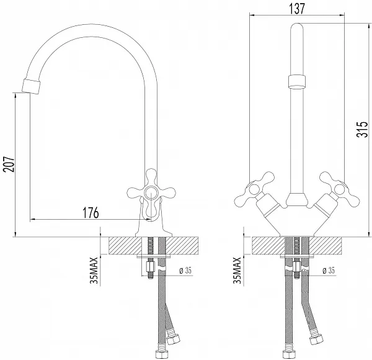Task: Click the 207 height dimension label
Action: point(9,164)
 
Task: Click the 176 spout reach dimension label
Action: point(91,212)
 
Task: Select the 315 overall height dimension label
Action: point(362,129)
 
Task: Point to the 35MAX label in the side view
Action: point(94,270)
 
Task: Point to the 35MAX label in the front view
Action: point(237,270)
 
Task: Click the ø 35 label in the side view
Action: point(185,271)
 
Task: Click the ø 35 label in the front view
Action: point(329,271)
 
